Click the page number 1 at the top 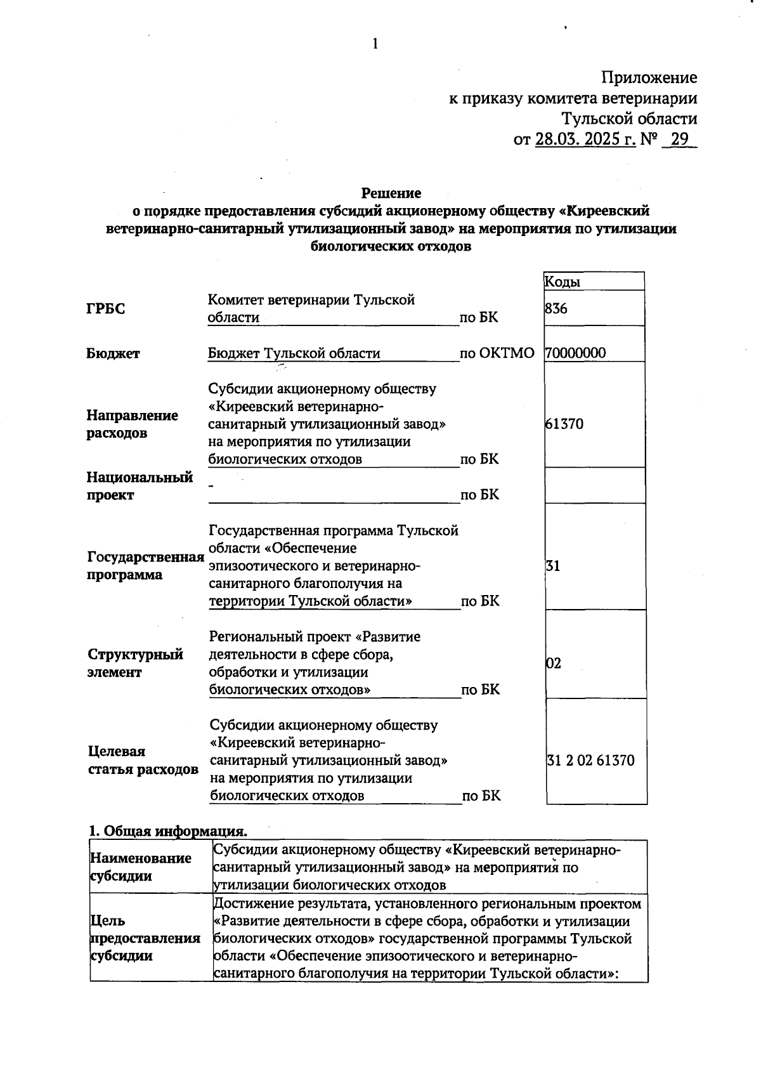375,44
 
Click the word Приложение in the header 649,78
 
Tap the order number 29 679,139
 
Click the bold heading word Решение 391,192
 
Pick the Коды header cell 563,282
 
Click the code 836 556,309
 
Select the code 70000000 575,353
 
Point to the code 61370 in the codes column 564,424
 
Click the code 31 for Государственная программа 553,566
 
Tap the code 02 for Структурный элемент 554,664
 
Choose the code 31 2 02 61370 590,761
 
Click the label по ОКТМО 497,353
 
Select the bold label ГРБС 106,309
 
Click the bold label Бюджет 113,354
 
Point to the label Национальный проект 139,486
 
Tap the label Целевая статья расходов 142,761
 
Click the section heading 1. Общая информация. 167,831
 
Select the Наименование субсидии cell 140,867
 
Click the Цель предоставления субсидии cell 145,938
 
